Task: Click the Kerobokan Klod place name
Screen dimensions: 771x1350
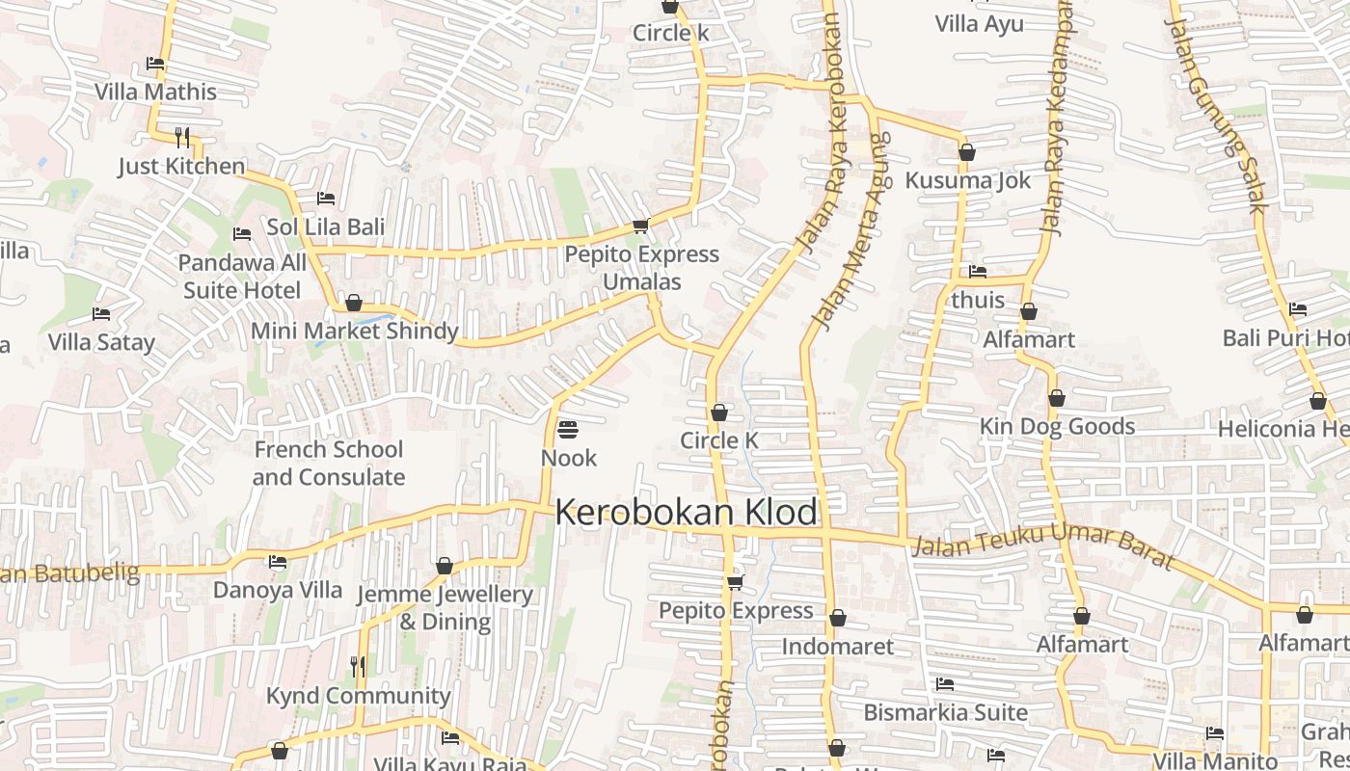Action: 687,512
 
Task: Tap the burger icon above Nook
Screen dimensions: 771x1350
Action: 568,429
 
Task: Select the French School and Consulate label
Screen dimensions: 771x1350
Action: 329,464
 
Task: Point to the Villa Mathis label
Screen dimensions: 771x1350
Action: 155,93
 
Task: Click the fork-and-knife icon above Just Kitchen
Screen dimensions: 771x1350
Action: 182,137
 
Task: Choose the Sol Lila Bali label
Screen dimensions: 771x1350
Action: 326,227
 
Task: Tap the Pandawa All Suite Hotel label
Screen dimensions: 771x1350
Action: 242,277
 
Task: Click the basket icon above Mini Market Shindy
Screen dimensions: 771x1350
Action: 354,303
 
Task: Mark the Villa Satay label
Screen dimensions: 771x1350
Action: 101,342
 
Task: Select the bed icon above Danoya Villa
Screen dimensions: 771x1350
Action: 278,562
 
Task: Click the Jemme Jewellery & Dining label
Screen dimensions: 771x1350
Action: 445,608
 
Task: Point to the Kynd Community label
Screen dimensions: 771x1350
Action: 358,696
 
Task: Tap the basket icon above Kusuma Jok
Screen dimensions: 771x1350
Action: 967,152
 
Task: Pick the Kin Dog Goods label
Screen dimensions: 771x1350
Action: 1057,426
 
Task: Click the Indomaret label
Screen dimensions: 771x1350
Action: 838,646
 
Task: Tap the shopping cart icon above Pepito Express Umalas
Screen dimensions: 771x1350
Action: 640,226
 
